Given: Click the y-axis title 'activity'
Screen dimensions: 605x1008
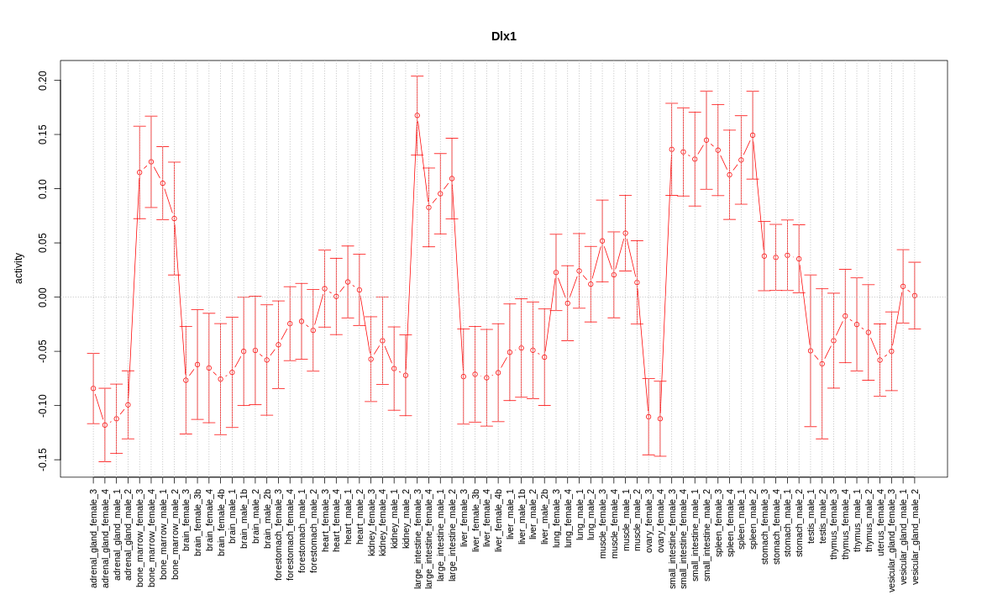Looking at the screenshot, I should point(18,268).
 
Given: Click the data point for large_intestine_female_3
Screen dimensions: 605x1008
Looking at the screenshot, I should point(417,115).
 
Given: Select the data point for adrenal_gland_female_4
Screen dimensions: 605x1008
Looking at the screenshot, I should point(105,425).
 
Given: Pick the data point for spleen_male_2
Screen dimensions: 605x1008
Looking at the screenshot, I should point(753,135).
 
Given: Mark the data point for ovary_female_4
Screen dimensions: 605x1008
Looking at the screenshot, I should point(660,418).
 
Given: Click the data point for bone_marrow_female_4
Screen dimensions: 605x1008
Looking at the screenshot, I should point(151,161).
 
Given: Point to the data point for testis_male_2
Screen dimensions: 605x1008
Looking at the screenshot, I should point(822,364).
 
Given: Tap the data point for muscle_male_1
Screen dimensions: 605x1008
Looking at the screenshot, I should point(626,233).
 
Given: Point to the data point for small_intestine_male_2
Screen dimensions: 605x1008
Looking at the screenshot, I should point(706,140).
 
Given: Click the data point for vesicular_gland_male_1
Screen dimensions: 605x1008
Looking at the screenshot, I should point(903,287).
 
